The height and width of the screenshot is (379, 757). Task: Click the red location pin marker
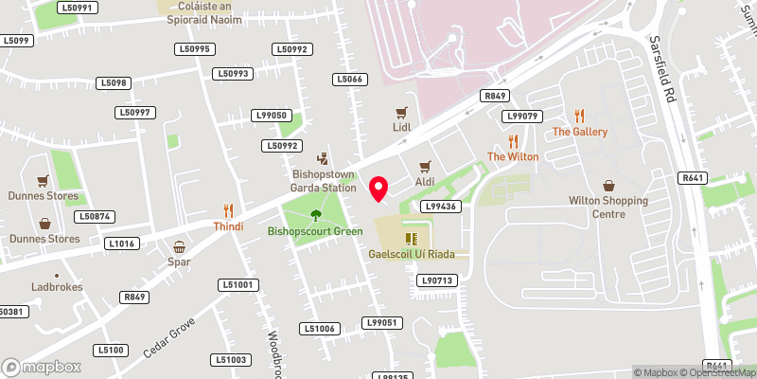pos(378,189)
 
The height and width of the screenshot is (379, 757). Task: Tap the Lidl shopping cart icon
pos(401,112)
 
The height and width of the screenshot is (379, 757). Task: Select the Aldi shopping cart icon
pos(424,166)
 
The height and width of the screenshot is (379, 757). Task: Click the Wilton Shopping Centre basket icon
pos(608,186)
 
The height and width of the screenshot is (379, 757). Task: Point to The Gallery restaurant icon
pos(580,116)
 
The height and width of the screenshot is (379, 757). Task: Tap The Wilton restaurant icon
pos(513,140)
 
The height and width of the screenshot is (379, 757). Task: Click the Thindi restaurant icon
pos(228,210)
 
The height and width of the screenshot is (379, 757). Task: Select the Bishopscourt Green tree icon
pos(315,215)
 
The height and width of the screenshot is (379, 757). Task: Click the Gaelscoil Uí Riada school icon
pos(412,239)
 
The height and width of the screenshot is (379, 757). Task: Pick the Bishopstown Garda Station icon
pos(324,158)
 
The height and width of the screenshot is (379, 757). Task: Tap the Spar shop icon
pos(179,246)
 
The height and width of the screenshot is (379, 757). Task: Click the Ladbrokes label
pos(56,287)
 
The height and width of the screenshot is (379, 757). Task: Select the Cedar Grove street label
pos(169,335)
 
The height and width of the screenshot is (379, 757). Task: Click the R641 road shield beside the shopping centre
pos(693,177)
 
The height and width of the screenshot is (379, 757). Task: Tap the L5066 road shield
pos(349,79)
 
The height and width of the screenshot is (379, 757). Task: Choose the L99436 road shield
pos(441,206)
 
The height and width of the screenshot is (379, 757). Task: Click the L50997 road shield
pos(134,112)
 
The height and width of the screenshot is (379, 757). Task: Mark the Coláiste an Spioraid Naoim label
pos(199,11)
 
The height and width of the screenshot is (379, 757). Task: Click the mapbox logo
pos(41,367)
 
